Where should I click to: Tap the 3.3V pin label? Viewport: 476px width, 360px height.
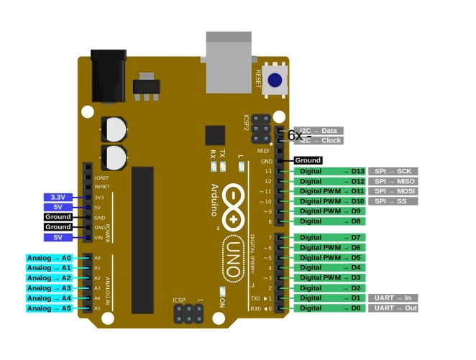pyautogui.click(x=57, y=197)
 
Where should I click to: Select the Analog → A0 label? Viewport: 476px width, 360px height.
pyautogui.click(x=50, y=257)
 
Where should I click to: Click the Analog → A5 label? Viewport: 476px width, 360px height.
pyautogui.click(x=50, y=308)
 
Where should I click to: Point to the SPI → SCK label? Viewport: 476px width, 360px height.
pyautogui.click(x=393, y=171)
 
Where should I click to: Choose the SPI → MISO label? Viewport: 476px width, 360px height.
pyautogui.click(x=393, y=181)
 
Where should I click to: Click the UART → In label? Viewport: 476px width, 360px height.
pyautogui.click(x=393, y=297)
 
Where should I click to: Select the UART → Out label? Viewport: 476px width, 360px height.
pyautogui.click(x=393, y=308)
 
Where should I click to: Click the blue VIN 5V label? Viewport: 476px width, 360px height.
pyautogui.click(x=58, y=237)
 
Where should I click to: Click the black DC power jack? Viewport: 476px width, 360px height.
pyautogui.click(x=109, y=70)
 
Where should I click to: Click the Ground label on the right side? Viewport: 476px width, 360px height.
pyautogui.click(x=308, y=160)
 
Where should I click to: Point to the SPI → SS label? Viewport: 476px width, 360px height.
pyautogui.click(x=393, y=201)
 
